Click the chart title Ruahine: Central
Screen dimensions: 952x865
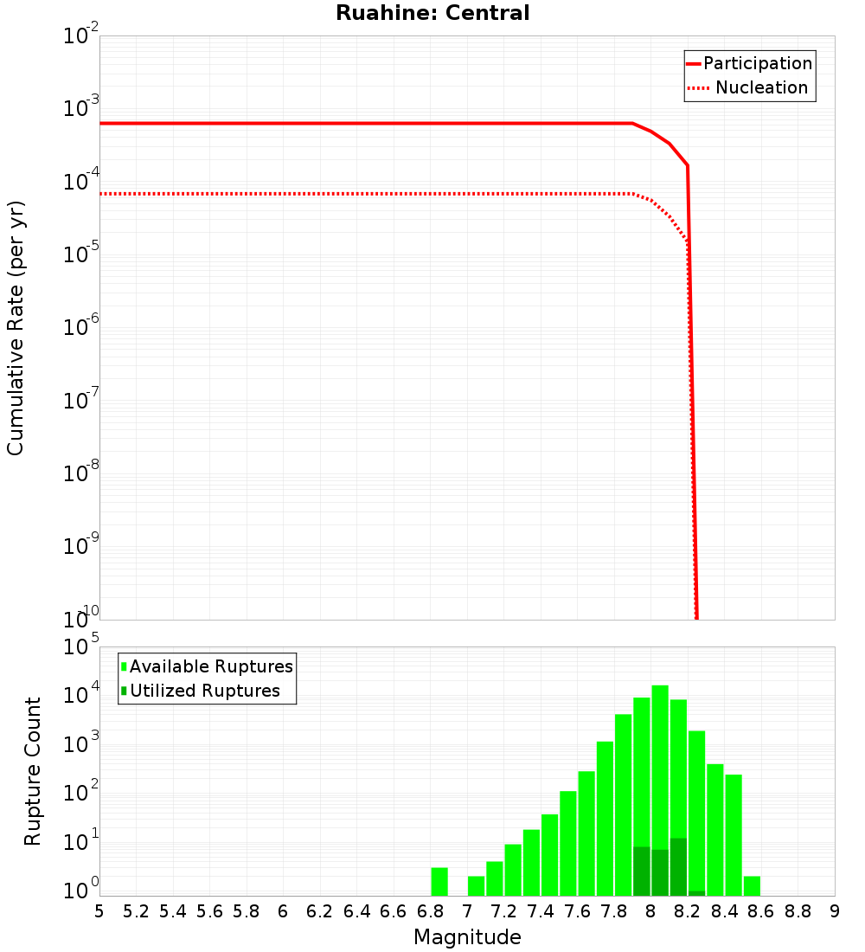[432, 13]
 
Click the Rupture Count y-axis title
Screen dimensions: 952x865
[33, 771]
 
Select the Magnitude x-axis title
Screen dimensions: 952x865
[467, 937]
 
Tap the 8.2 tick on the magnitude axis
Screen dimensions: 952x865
[688, 911]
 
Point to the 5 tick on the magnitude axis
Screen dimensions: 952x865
[99, 911]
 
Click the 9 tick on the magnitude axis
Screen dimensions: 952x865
[834, 911]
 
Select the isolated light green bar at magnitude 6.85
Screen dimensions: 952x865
[439, 881]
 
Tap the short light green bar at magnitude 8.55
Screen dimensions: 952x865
[752, 885]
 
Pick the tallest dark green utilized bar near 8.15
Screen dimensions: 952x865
[678, 866]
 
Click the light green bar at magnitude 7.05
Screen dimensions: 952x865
[476, 885]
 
